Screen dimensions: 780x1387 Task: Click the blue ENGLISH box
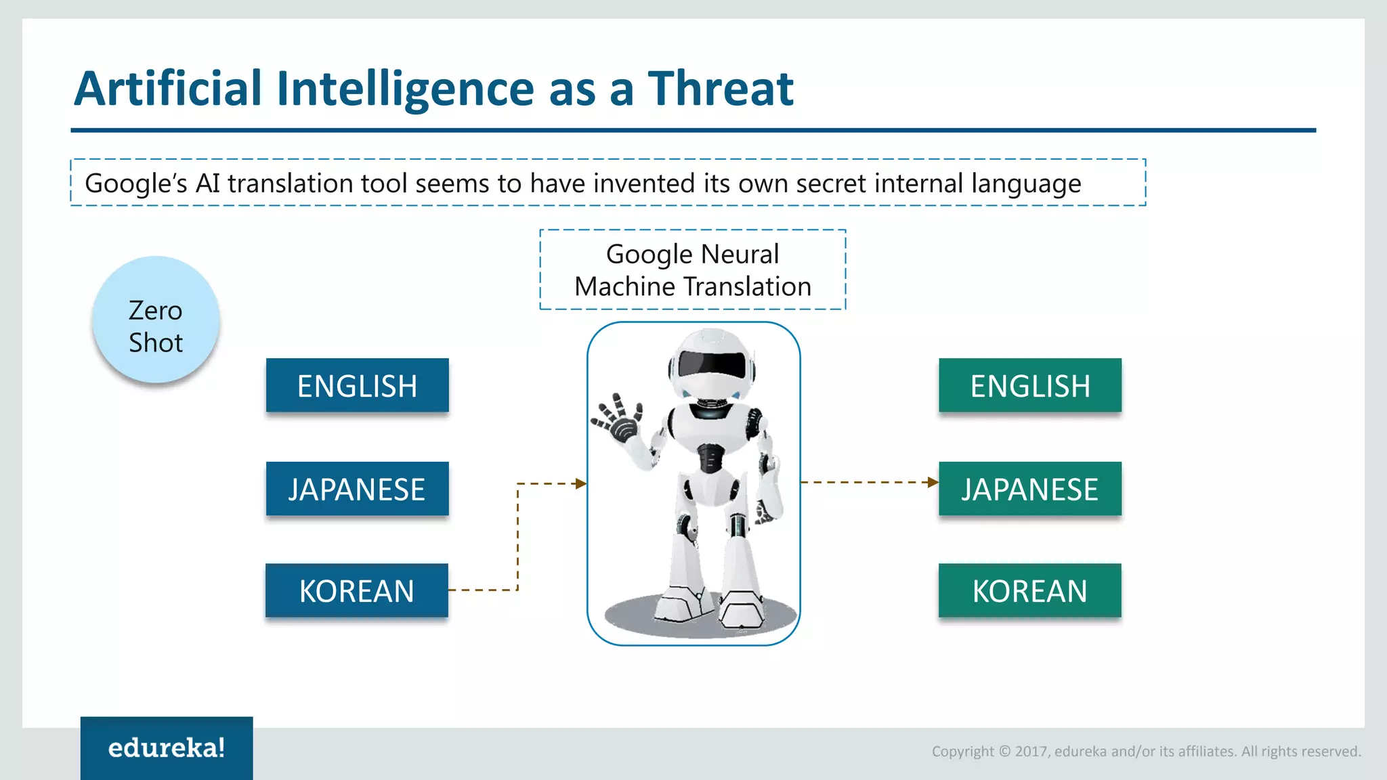pyautogui.click(x=357, y=385)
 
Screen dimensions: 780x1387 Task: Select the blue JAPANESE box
pyautogui.click(x=357, y=489)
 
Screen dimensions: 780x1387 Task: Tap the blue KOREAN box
pyautogui.click(x=356, y=590)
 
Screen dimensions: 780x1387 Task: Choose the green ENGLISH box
pyautogui.click(x=1029, y=385)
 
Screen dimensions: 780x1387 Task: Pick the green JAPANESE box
pyautogui.click(x=1029, y=489)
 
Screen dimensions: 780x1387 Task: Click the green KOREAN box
pyautogui.click(x=1029, y=590)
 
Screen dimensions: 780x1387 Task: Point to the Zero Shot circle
pyautogui.click(x=156, y=320)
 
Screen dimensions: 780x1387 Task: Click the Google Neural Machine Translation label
pyautogui.click(x=692, y=270)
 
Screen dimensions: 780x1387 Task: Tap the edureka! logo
pyautogui.click(x=167, y=747)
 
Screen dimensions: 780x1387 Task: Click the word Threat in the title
pyautogui.click(x=721, y=89)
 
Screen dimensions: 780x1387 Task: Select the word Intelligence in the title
pyautogui.click(x=406, y=89)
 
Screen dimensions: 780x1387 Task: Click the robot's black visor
pyautogui.click(x=711, y=365)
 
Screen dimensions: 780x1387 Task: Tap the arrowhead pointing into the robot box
pyautogui.click(x=580, y=483)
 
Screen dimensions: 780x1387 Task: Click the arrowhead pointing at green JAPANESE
pyautogui.click(x=933, y=482)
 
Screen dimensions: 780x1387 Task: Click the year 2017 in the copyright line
pyautogui.click(x=1031, y=751)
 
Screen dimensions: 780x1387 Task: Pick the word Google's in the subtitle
pyautogui.click(x=135, y=183)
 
